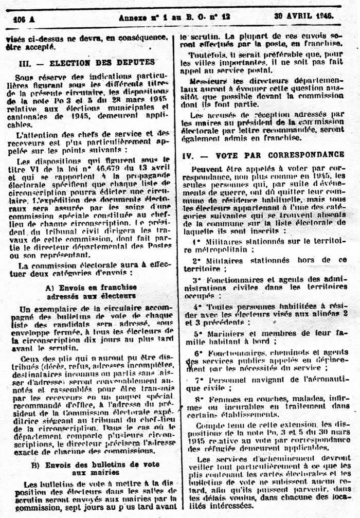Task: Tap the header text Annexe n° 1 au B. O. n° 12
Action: (174, 16)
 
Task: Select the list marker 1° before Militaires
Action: (196, 241)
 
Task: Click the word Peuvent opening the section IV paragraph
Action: (207, 168)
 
